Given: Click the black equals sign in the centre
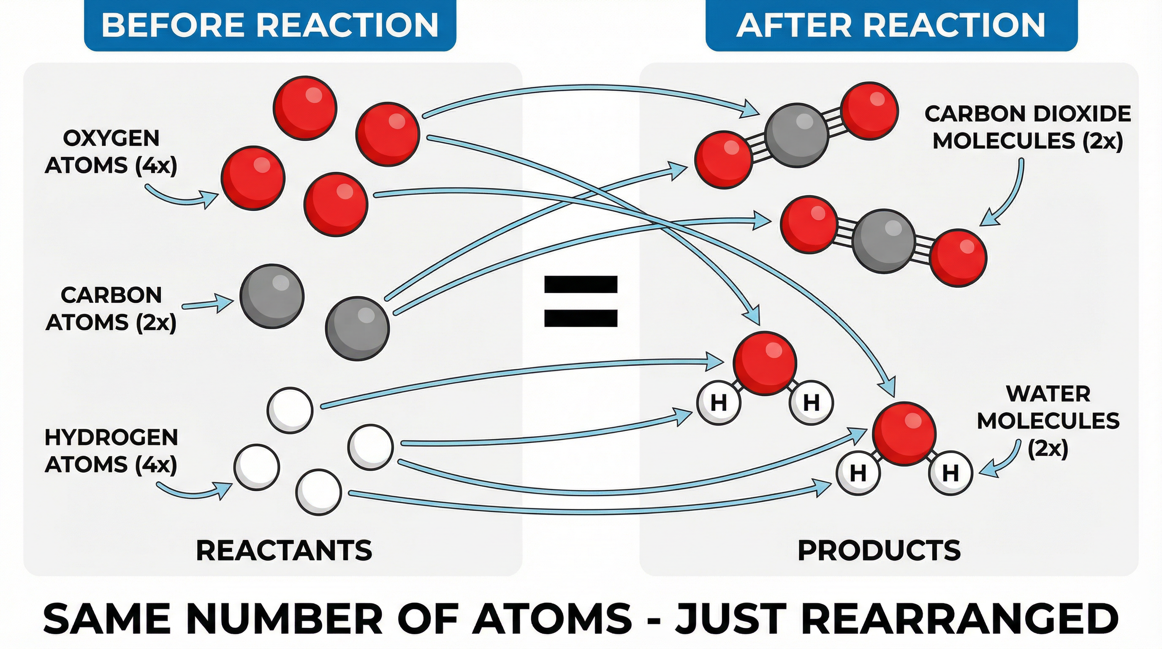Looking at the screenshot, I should [x=581, y=301].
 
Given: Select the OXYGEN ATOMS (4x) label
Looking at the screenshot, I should [x=111, y=152].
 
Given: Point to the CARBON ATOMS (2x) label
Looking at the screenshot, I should [x=111, y=309].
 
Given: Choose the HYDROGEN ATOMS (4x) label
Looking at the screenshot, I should [x=111, y=451].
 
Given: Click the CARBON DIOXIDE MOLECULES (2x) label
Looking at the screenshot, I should [x=1028, y=127].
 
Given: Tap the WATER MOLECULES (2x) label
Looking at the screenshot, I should [x=1048, y=421].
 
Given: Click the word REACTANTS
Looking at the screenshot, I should [x=284, y=551].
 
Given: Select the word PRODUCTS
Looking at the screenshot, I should [x=879, y=551].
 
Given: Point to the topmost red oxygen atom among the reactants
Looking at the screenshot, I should [x=305, y=108].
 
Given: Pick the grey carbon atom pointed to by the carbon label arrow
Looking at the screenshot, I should [x=272, y=297].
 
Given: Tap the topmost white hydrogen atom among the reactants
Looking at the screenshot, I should [x=290, y=410].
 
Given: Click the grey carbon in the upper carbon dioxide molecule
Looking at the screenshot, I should [x=797, y=135].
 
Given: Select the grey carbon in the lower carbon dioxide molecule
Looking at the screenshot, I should [x=884, y=241].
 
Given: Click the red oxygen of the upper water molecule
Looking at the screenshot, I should [x=765, y=363].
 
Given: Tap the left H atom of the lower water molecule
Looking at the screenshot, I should [x=858, y=473].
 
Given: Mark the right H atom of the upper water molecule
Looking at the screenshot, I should [x=811, y=403].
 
